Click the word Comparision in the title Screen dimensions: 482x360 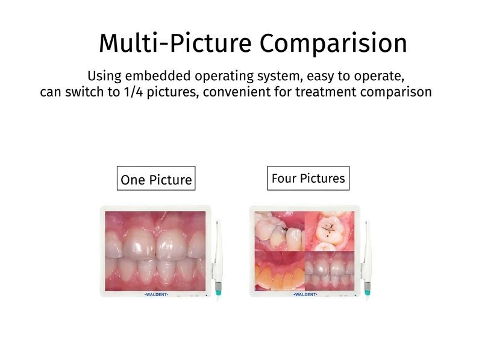click(x=333, y=43)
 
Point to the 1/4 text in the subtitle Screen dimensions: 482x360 click(x=133, y=92)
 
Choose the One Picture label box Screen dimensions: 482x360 click(x=156, y=178)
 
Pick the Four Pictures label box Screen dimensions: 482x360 click(x=308, y=178)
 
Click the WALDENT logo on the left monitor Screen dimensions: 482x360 click(x=157, y=294)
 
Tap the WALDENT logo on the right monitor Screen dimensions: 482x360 click(x=305, y=294)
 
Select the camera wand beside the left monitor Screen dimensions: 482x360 click(x=218, y=258)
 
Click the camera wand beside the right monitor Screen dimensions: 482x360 click(x=366, y=258)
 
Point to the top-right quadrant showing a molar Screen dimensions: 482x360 click(x=329, y=231)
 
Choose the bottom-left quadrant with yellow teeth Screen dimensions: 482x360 click(x=280, y=271)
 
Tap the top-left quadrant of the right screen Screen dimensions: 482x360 click(x=280, y=231)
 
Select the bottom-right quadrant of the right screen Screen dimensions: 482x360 click(x=329, y=271)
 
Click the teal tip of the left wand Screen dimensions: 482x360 click(x=218, y=289)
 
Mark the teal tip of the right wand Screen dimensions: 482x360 click(x=368, y=289)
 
